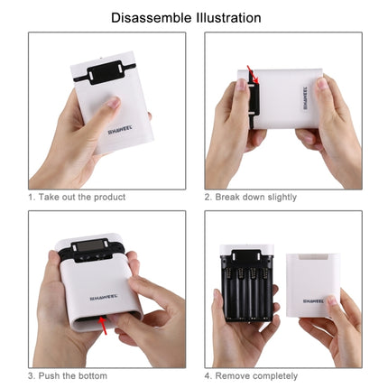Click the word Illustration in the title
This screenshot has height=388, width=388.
(229, 17)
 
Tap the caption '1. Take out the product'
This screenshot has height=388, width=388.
(77, 197)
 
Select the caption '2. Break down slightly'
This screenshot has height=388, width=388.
(250, 197)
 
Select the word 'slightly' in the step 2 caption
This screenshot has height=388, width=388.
(279, 197)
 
